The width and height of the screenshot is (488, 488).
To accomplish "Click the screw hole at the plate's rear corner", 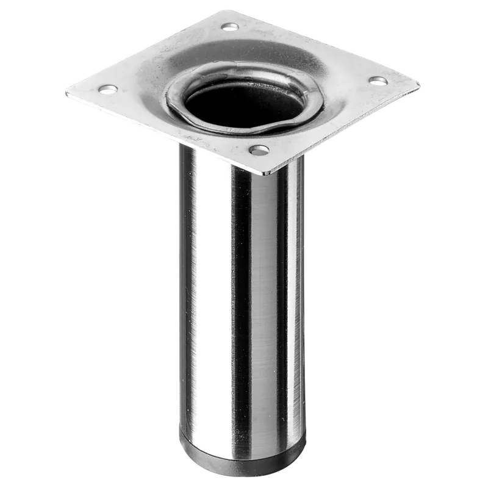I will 230,26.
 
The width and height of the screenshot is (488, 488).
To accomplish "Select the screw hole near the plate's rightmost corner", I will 377,80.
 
